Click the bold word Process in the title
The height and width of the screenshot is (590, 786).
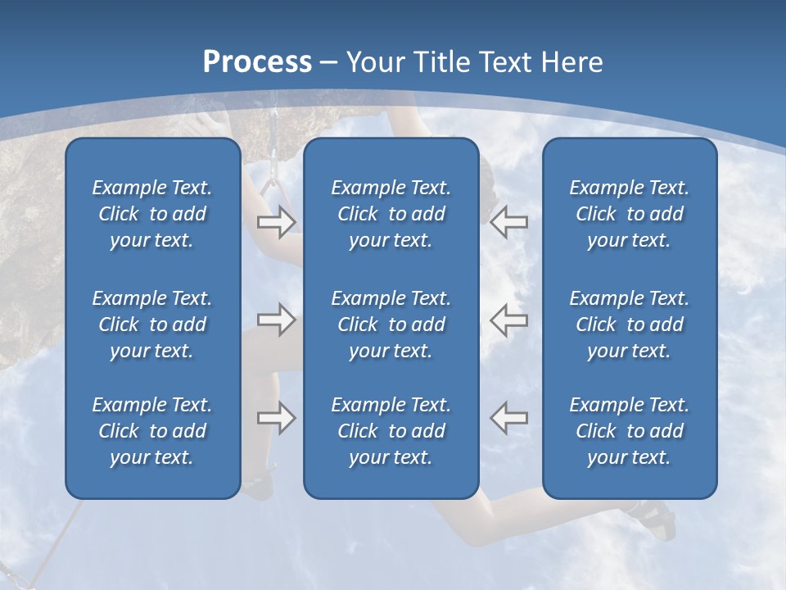pyautogui.click(x=257, y=62)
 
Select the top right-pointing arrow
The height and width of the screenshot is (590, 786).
pyautogui.click(x=276, y=221)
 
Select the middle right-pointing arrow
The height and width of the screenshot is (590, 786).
pyautogui.click(x=276, y=320)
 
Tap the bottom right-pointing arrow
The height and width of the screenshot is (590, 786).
pyautogui.click(x=276, y=418)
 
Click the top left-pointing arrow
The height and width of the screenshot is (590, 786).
pyautogui.click(x=509, y=221)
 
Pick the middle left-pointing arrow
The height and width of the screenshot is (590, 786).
pyautogui.click(x=509, y=320)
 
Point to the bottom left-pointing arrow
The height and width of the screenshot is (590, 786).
pyautogui.click(x=509, y=418)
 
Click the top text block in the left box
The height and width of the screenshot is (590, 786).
pyautogui.click(x=152, y=214)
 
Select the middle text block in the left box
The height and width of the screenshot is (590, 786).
pyautogui.click(x=152, y=324)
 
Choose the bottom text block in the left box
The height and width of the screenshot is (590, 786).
pyautogui.click(x=152, y=431)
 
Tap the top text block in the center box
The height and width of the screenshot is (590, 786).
pyautogui.click(x=391, y=214)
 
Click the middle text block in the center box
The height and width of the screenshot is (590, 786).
pyautogui.click(x=391, y=324)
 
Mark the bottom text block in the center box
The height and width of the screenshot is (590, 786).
pyautogui.click(x=391, y=431)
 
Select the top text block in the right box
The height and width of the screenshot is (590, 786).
pyautogui.click(x=629, y=214)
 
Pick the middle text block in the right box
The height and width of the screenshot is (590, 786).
pyautogui.click(x=629, y=324)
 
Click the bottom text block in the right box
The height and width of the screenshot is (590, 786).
pyautogui.click(x=629, y=431)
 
